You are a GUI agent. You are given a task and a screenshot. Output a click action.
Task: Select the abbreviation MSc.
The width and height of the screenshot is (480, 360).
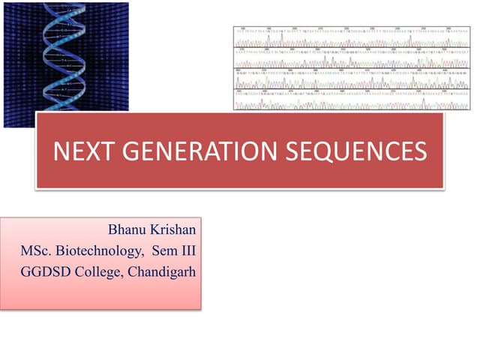click(37, 250)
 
